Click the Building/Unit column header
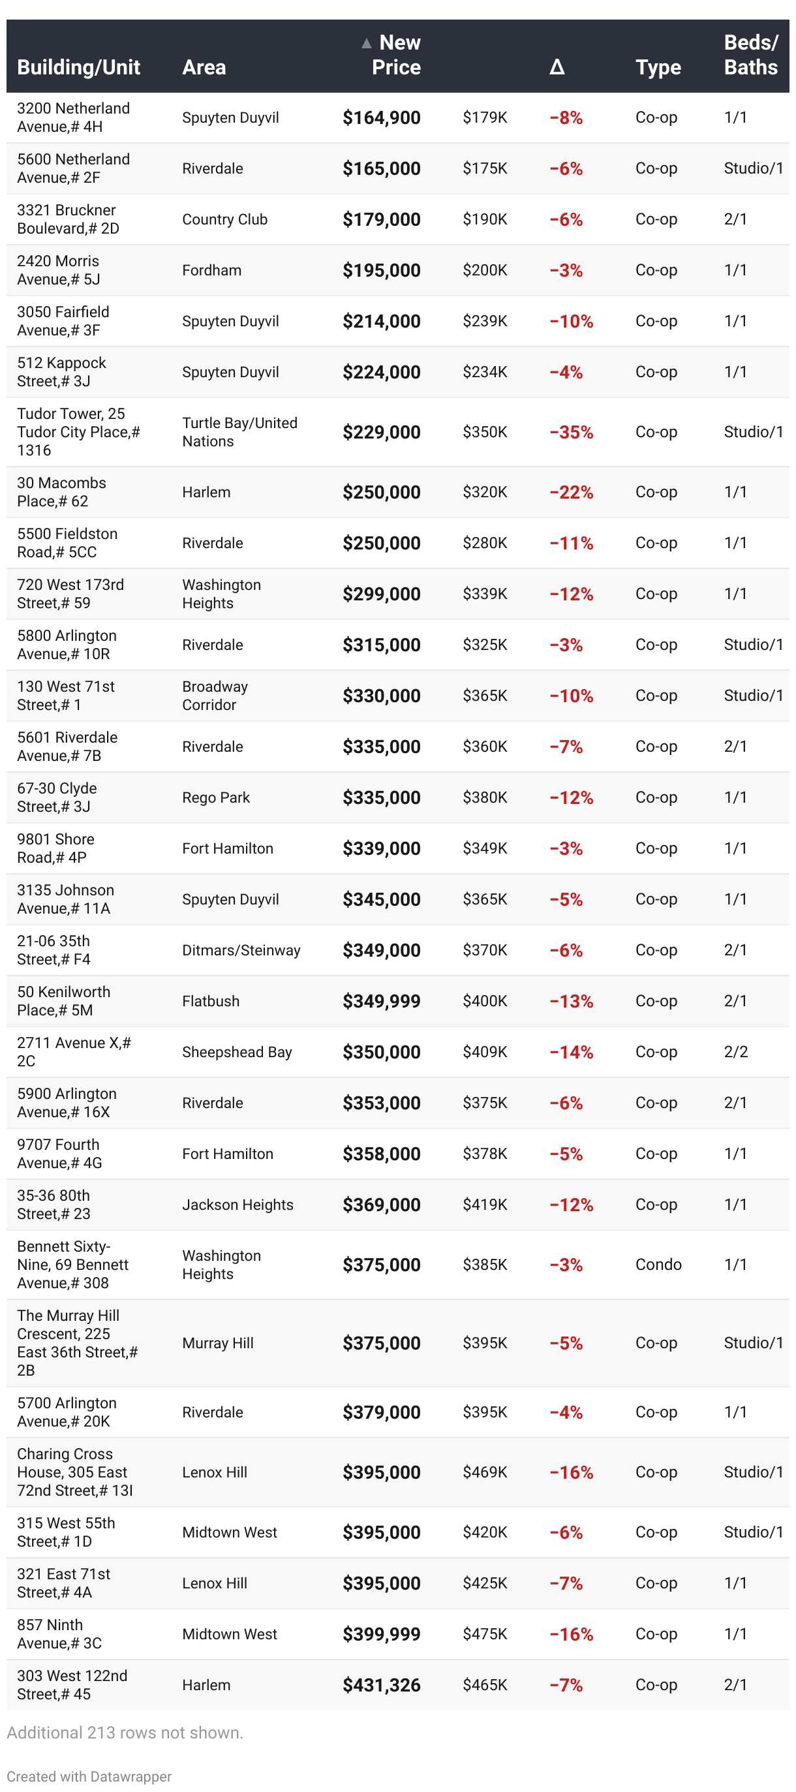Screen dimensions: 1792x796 click(x=79, y=67)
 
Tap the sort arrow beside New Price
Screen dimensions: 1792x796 click(x=366, y=44)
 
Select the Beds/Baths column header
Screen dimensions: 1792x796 click(x=750, y=55)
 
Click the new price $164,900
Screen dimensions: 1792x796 click(x=380, y=117)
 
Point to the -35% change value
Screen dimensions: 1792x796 click(x=570, y=432)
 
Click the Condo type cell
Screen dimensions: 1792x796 click(x=658, y=1264)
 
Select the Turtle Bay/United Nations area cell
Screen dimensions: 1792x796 click(x=239, y=432)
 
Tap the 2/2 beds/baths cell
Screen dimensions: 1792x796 click(x=735, y=1051)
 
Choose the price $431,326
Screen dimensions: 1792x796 click(x=380, y=1684)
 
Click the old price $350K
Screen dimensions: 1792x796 click(x=484, y=432)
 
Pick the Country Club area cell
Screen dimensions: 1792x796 click(x=224, y=219)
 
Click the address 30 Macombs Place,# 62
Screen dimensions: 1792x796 click(x=61, y=492)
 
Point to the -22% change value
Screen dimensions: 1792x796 click(x=570, y=492)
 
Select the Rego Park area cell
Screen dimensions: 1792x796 click(x=216, y=797)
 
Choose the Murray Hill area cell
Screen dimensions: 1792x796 click(x=218, y=1342)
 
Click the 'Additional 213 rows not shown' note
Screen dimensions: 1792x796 click(x=125, y=1731)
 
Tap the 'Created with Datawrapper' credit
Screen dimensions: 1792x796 click(x=89, y=1775)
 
